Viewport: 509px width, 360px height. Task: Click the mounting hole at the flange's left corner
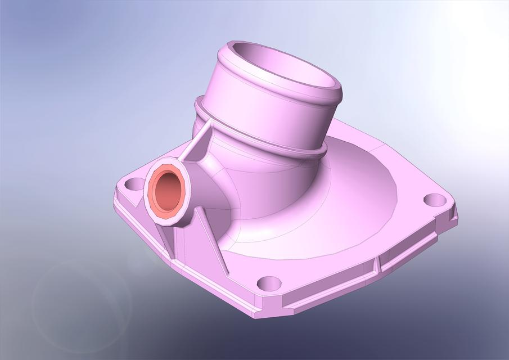coord(133,183)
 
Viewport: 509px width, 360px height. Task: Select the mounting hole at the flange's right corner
coord(434,199)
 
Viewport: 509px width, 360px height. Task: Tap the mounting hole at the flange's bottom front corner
coord(269,282)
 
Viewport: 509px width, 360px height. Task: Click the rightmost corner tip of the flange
coord(456,217)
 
